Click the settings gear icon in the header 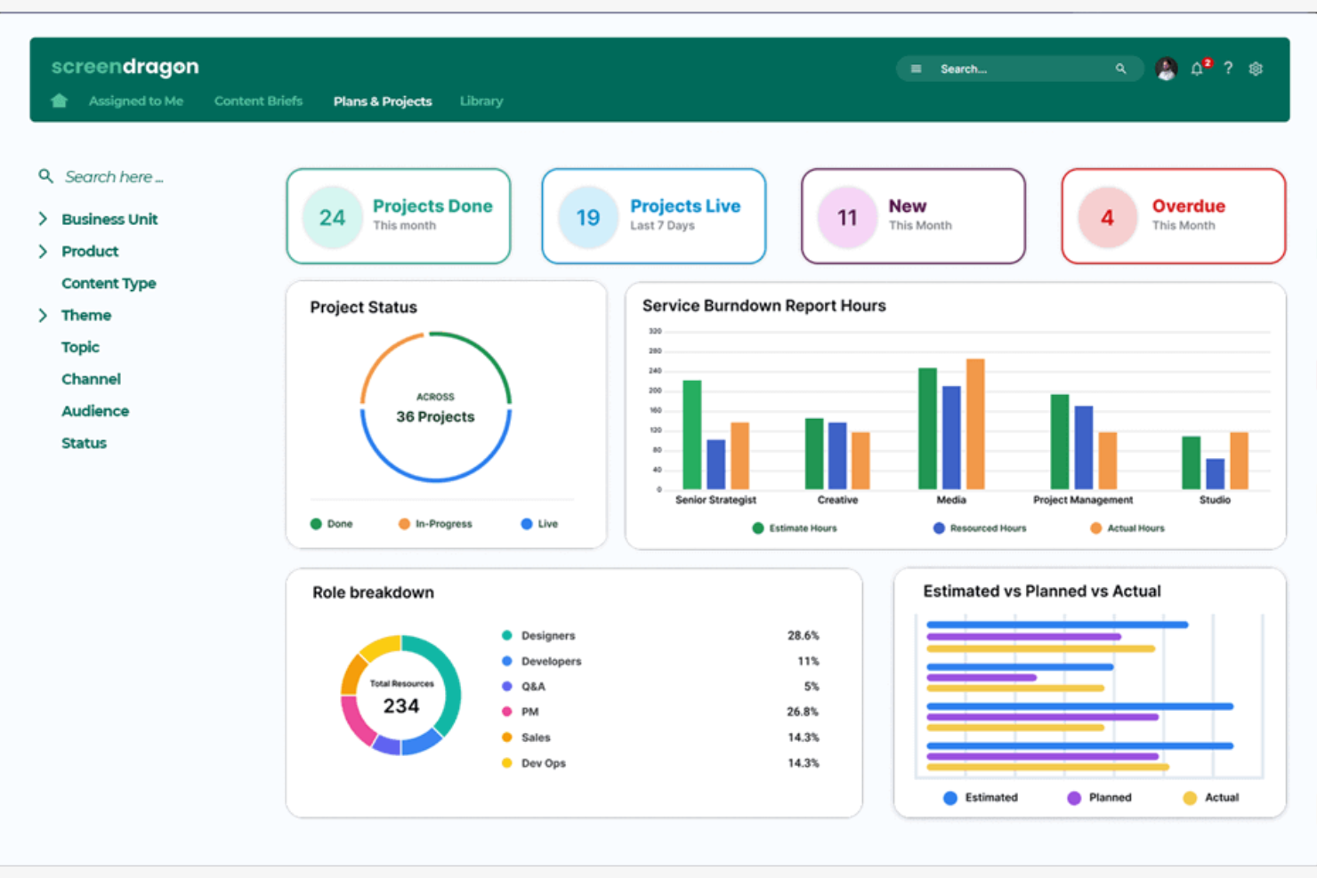coord(1256,68)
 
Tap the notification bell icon coord(1197,68)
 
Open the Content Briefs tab coord(258,101)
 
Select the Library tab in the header coord(481,101)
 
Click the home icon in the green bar coord(60,101)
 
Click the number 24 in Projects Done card coord(332,218)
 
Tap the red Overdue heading coord(1188,206)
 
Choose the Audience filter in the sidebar coord(95,411)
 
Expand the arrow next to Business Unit coord(43,219)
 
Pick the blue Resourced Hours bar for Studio coord(1215,473)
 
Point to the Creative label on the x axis coord(837,500)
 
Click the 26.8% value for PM coord(802,712)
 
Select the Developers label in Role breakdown coord(551,661)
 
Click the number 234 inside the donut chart coord(400,706)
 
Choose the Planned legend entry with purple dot coord(1109,798)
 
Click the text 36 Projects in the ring coord(435,416)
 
